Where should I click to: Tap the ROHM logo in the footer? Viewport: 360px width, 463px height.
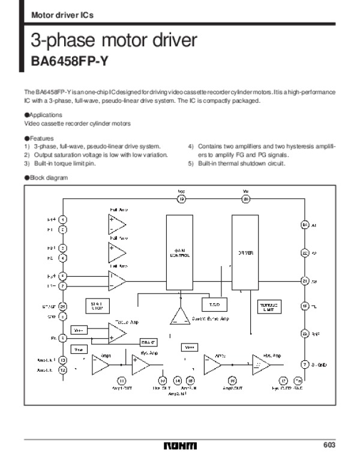pyautogui.click(x=179, y=446)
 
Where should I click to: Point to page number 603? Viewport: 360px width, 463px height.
pyautogui.click(x=329, y=445)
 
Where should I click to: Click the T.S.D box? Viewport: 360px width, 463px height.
pyautogui.click(x=214, y=304)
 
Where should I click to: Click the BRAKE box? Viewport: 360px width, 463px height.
pyautogui.click(x=149, y=342)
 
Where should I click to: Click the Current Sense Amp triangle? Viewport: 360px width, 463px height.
pyautogui.click(x=178, y=316)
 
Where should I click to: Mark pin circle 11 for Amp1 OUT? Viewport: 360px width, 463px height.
pyautogui.click(x=121, y=380)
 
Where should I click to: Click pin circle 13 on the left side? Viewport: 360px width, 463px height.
pyautogui.click(x=62, y=360)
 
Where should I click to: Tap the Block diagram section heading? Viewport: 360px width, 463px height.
pyautogui.click(x=46, y=178)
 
